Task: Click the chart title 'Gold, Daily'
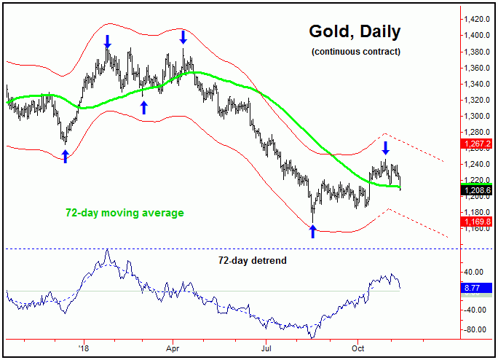coord(354,32)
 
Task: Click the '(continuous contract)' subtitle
coord(355,52)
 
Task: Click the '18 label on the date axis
coord(84,349)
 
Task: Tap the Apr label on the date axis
coord(173,349)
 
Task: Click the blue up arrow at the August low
coord(313,232)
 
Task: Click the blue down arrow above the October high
coord(386,146)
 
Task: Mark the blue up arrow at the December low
coord(65,156)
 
